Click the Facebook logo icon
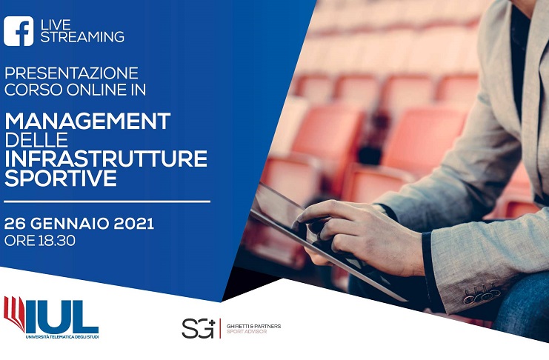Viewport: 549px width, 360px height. tap(19, 31)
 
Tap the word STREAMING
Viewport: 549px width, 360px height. tap(82, 37)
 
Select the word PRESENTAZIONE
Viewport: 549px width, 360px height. tap(71, 73)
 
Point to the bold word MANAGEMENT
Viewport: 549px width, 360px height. tap(87, 121)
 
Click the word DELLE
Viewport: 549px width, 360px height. tap(36, 140)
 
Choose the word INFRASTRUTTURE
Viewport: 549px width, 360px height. tap(106, 159)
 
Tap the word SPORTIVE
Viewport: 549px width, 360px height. tap(61, 178)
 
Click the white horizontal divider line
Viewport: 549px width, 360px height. tap(107, 201)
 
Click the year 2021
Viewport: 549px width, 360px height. tap(134, 224)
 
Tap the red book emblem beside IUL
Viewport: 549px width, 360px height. tap(14, 313)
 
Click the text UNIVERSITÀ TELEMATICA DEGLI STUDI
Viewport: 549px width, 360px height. tap(62, 337)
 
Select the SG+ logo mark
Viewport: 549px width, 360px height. tap(198, 328)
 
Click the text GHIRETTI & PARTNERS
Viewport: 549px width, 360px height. tap(253, 326)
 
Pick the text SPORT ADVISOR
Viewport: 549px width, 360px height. tap(247, 332)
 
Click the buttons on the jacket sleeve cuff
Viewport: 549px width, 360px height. tap(482, 294)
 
